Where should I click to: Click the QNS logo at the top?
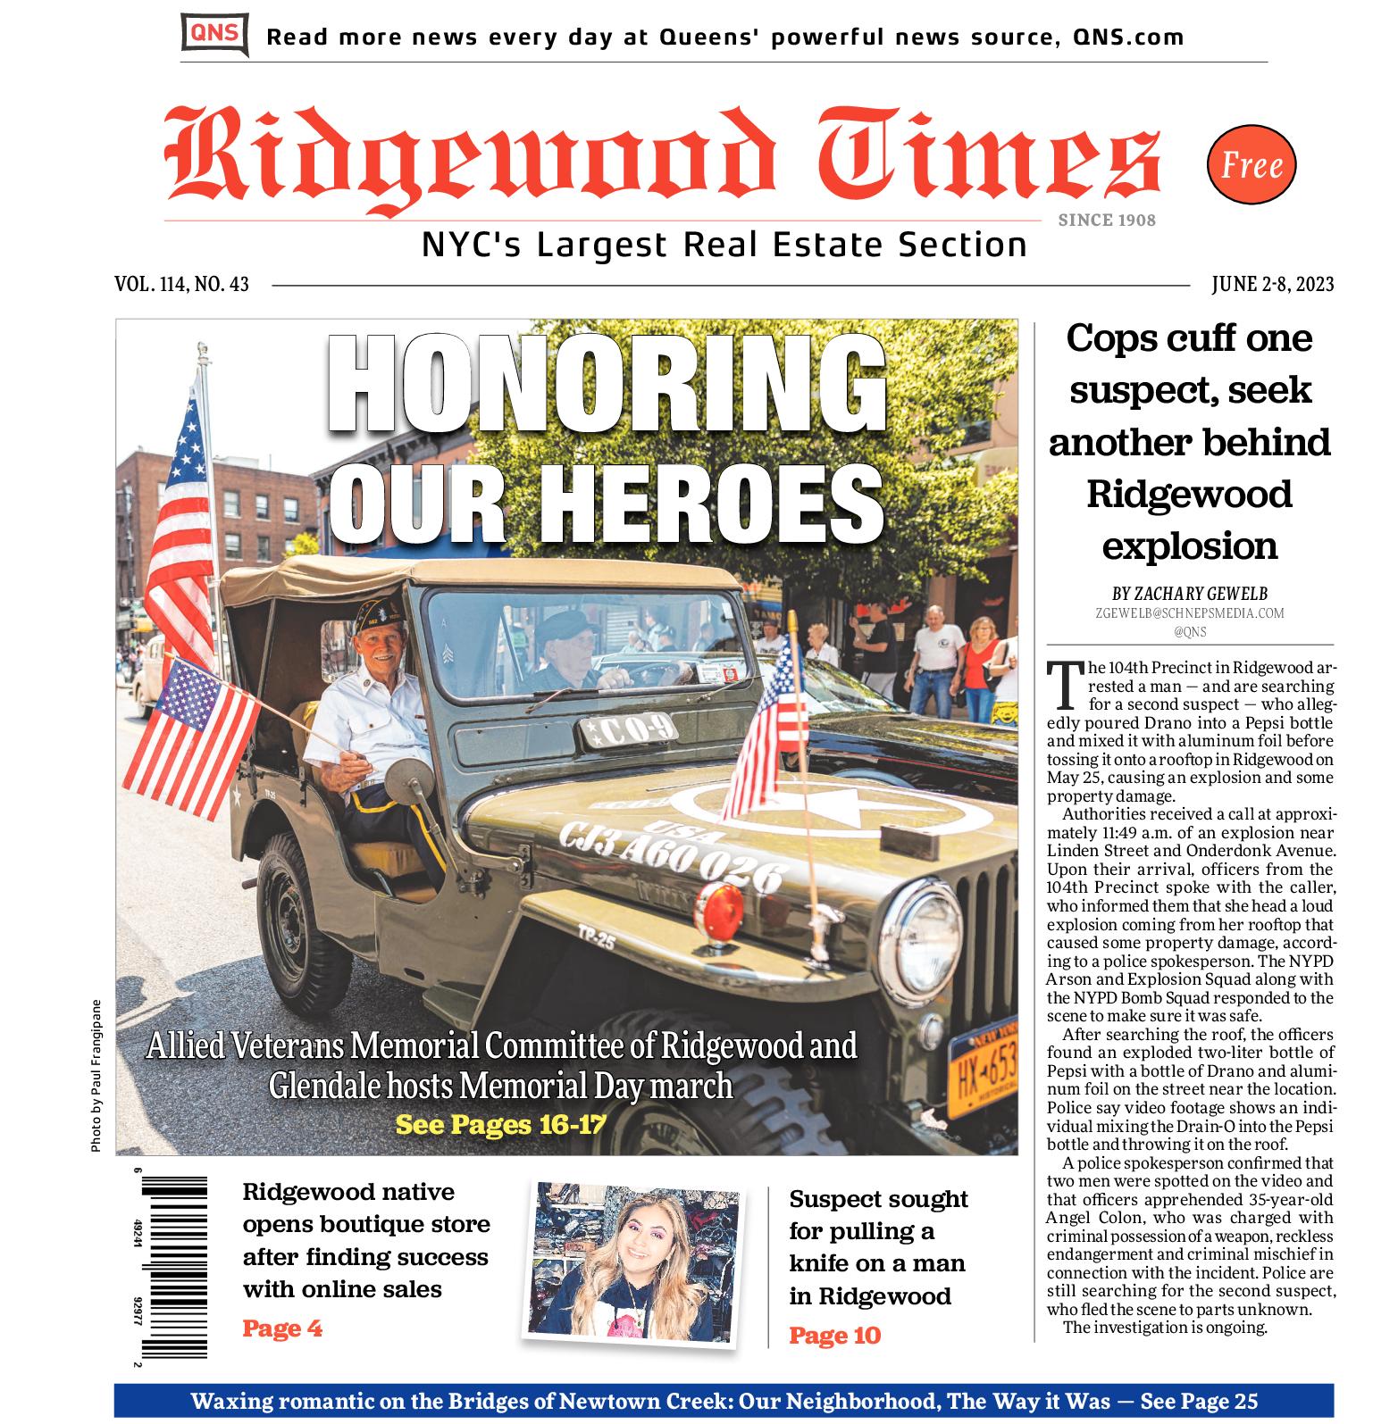pyautogui.click(x=214, y=35)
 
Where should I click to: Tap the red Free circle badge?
pyautogui.click(x=1251, y=165)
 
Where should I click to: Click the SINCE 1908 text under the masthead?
pyautogui.click(x=1107, y=221)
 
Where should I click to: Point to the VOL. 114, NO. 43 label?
pyautogui.click(x=181, y=285)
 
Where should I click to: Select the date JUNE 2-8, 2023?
pyautogui.click(x=1272, y=285)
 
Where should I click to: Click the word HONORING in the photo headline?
pyautogui.click(x=607, y=384)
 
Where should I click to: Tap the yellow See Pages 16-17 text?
pyautogui.click(x=500, y=1124)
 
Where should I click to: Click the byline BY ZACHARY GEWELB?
pyautogui.click(x=1190, y=594)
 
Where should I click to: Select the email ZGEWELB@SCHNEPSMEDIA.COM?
pyautogui.click(x=1190, y=613)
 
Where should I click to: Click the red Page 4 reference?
pyautogui.click(x=282, y=1328)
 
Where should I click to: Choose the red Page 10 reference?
pyautogui.click(x=834, y=1336)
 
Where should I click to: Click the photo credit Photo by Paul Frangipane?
pyautogui.click(x=96, y=1073)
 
